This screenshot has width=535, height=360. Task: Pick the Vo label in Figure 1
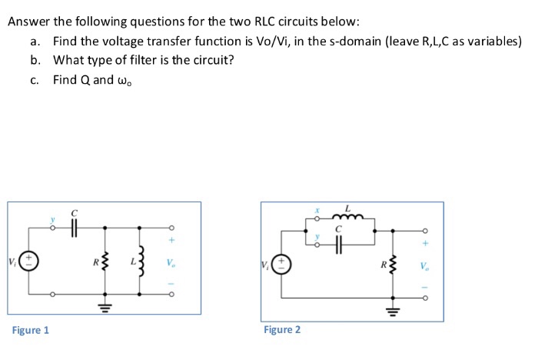point(170,262)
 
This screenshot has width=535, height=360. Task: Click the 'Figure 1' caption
point(31,330)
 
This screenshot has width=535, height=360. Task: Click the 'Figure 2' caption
point(282,329)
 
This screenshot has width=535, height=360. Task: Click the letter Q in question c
point(85,79)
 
